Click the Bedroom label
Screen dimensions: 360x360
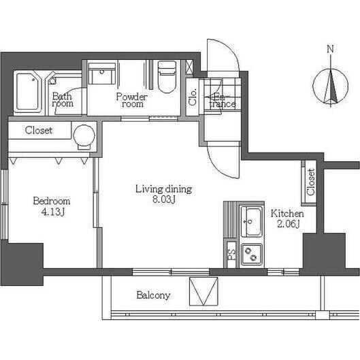tap(52, 201)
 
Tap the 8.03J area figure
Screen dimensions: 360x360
tap(164, 199)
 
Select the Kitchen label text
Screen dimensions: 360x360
tap(287, 214)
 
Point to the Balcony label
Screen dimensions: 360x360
tap(153, 295)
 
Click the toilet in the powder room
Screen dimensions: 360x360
tap(167, 76)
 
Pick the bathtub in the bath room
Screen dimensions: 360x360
tap(28, 91)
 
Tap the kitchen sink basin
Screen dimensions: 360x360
tap(251, 221)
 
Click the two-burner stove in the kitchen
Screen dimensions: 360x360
tap(251, 253)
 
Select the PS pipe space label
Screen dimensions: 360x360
tap(231, 255)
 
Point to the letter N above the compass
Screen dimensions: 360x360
tap(330, 49)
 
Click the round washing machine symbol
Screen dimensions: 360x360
tap(84, 135)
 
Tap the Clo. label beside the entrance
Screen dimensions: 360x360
tap(193, 97)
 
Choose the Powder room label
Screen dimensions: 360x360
tap(132, 100)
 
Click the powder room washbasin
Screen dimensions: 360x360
tap(102, 74)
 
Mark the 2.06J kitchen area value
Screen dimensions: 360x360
tap(289, 224)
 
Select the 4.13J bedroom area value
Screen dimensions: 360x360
tap(52, 212)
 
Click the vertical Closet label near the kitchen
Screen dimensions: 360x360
tap(311, 182)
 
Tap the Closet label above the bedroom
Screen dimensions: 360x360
tap(39, 130)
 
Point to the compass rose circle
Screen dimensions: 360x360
tap(330, 86)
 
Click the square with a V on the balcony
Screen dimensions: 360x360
tap(203, 291)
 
